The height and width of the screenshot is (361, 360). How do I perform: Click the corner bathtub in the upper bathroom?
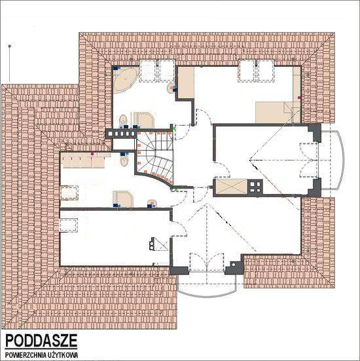126,80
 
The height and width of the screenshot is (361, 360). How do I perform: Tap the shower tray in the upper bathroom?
144,120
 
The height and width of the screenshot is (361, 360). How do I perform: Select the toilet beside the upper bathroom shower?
123,121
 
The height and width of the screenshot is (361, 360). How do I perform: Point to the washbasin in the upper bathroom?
171,88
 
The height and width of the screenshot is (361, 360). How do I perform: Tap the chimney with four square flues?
255,187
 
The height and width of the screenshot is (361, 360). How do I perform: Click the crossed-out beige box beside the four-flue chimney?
232,187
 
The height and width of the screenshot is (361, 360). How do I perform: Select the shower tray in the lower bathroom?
123,199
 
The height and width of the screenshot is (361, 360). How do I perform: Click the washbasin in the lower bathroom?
152,203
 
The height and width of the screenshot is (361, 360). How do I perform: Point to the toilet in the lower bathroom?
124,160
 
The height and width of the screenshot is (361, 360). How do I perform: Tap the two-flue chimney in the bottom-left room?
152,244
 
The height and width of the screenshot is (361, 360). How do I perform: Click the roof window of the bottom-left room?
68,225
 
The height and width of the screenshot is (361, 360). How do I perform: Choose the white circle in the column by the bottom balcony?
234,265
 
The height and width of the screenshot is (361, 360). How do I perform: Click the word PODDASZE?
41,341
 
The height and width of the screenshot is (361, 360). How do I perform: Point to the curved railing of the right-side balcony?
340,160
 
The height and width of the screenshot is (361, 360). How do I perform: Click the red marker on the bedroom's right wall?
299,98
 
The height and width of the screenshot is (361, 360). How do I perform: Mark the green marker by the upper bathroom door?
174,128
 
